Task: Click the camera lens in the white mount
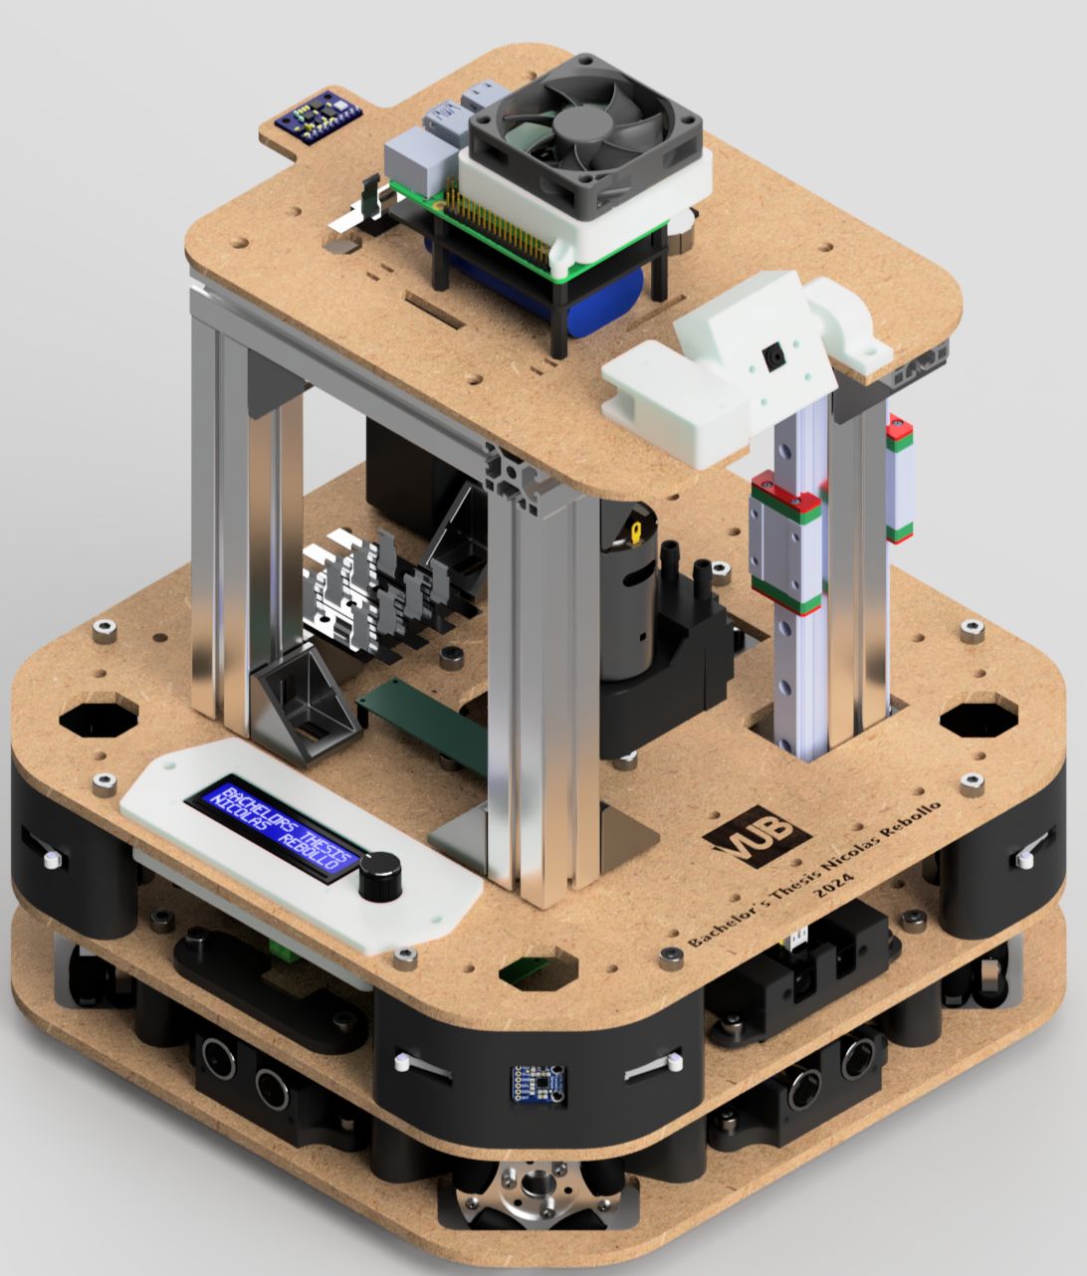(x=772, y=356)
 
